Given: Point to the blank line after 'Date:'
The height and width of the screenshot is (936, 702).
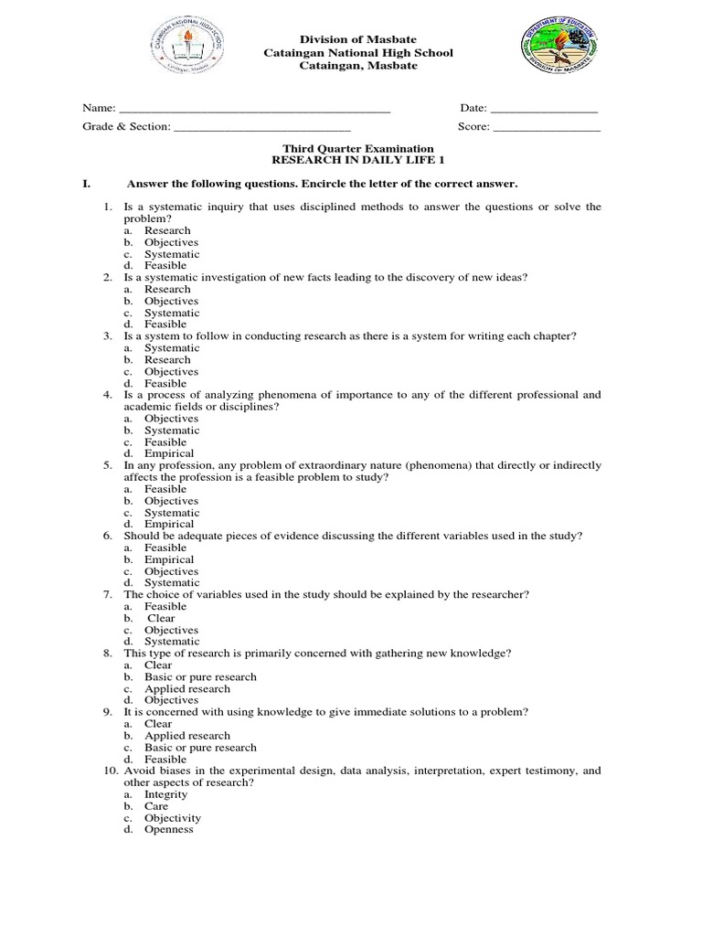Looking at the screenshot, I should [x=545, y=109].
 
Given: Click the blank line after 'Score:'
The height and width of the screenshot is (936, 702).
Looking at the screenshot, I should [x=547, y=127].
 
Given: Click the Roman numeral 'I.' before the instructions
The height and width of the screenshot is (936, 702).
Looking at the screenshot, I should [x=87, y=184].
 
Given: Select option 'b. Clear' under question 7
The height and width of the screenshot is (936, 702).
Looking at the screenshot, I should [x=161, y=618].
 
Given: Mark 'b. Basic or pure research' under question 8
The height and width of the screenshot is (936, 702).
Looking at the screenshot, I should [x=199, y=677].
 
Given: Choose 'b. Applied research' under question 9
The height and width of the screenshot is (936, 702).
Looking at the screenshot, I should [x=186, y=736].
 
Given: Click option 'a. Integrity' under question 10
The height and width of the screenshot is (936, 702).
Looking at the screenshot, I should [x=165, y=795].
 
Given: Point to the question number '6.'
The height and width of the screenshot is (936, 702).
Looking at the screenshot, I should [x=108, y=536].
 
